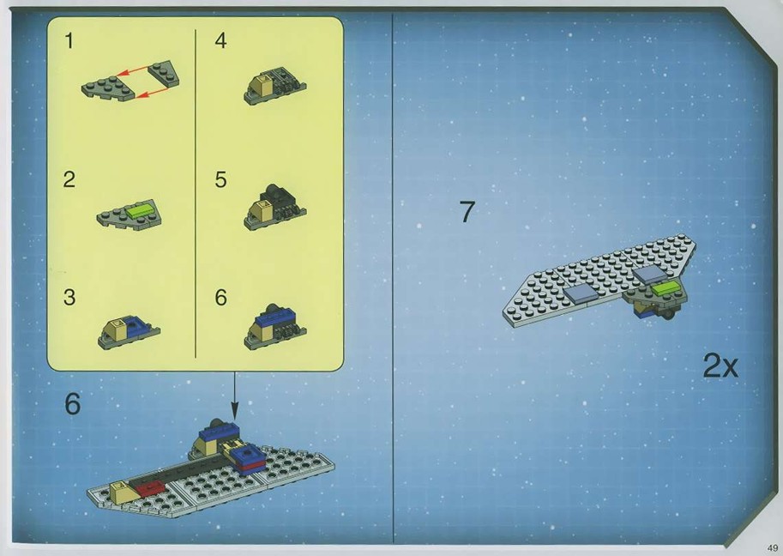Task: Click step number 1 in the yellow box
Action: (69, 41)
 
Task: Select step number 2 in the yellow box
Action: (69, 180)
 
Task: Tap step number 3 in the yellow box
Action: (69, 297)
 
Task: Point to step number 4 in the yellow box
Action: (220, 41)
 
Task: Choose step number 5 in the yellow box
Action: (220, 180)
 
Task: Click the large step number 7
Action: (467, 212)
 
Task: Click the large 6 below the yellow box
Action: (72, 403)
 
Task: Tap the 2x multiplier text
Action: (720, 366)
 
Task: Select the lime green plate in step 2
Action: (142, 210)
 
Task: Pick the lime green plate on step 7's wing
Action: (666, 287)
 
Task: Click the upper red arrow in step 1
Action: (134, 71)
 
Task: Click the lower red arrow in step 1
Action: (152, 92)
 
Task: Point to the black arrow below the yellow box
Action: (235, 396)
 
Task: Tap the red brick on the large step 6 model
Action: (150, 488)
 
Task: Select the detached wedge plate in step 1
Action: (164, 74)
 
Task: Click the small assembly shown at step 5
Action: (274, 208)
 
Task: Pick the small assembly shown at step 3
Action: (129, 332)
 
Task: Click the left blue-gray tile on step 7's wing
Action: (581, 295)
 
